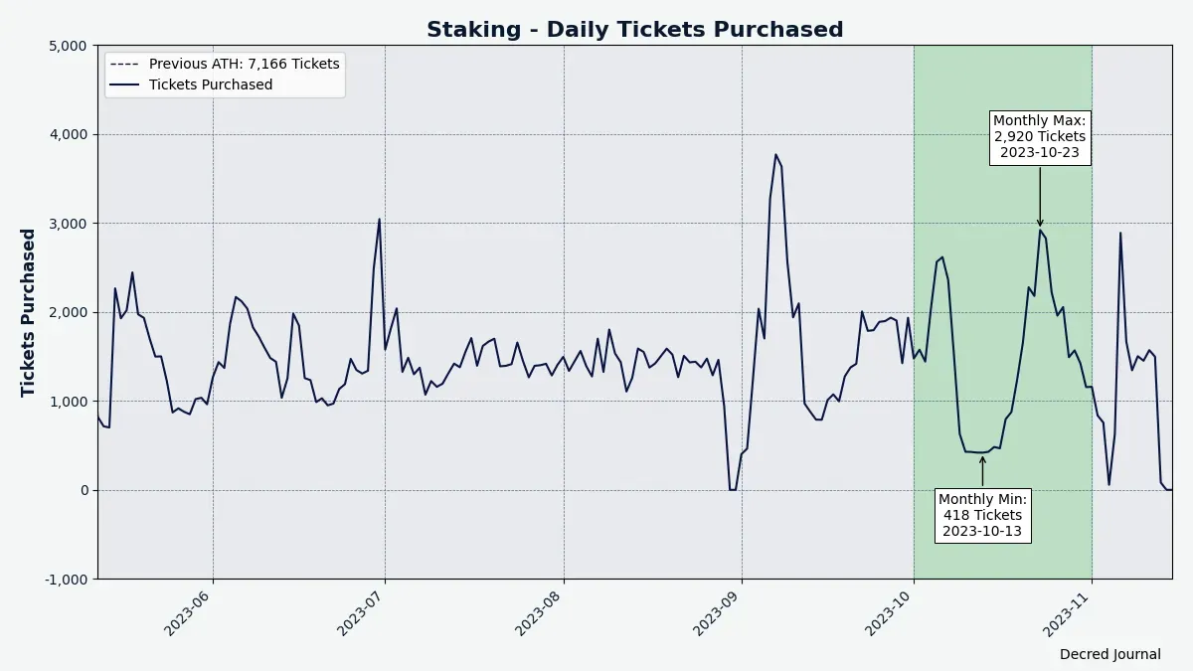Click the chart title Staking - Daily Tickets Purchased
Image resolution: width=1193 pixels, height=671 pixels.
[634, 30]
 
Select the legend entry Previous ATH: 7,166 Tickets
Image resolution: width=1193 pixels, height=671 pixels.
[244, 64]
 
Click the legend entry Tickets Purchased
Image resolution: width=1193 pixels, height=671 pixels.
[210, 84]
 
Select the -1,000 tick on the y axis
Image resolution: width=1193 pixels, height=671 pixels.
[66, 580]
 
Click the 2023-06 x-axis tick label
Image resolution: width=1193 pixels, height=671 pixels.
[190, 608]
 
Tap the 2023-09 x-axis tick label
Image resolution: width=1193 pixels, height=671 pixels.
[719, 608]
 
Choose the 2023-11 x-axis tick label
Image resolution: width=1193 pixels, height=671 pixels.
[1070, 608]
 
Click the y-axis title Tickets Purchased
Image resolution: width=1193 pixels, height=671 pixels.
[29, 313]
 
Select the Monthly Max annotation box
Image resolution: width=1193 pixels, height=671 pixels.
[1040, 137]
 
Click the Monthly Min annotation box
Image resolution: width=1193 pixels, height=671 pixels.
[982, 515]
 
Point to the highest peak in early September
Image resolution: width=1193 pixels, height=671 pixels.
[775, 155]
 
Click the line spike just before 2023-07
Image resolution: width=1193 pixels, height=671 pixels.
[379, 220]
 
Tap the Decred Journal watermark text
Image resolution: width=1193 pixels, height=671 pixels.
[1109, 654]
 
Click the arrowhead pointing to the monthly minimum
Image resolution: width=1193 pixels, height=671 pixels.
[982, 459]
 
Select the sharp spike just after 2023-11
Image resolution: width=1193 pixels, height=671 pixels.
[1120, 234]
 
